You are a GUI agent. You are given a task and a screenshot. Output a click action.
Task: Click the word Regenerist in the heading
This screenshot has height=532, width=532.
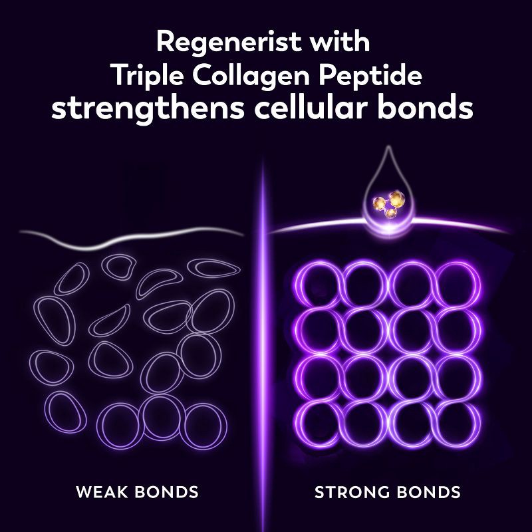coord(224,43)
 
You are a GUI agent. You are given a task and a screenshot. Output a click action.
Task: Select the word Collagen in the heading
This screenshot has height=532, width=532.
coord(251,76)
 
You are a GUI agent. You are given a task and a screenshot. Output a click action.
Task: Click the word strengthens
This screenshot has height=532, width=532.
coord(148,108)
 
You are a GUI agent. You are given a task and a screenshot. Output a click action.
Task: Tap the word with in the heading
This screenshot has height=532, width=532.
coord(336,42)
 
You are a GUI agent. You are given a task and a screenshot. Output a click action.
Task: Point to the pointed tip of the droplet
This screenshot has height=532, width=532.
coord(389,146)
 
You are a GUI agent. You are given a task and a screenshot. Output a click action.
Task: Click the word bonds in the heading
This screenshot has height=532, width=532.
coord(426,107)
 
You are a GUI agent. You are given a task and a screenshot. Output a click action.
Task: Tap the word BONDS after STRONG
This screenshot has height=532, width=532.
coord(424,492)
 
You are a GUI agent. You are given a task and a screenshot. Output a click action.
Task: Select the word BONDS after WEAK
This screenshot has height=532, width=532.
coord(167,492)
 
